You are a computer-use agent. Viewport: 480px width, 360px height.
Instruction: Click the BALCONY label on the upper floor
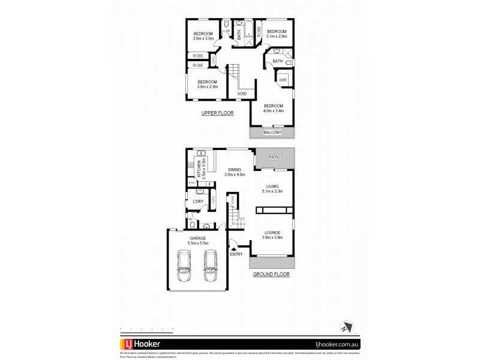pyautogui.click(x=272, y=133)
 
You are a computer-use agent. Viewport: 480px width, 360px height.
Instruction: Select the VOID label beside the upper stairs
pyautogui.click(x=242, y=94)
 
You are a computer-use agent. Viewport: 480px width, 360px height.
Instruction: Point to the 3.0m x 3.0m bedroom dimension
pyautogui.click(x=203, y=39)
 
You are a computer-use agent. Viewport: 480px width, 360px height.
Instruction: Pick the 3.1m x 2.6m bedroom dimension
pyautogui.click(x=277, y=36)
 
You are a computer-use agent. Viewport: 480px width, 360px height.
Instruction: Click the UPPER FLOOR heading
pyautogui.click(x=217, y=113)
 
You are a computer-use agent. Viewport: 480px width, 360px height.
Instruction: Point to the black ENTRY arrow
pyautogui.click(x=234, y=248)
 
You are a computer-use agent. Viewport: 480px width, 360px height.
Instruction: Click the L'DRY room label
pyautogui.click(x=197, y=202)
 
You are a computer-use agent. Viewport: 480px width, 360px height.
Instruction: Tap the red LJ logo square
pyautogui.click(x=128, y=344)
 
